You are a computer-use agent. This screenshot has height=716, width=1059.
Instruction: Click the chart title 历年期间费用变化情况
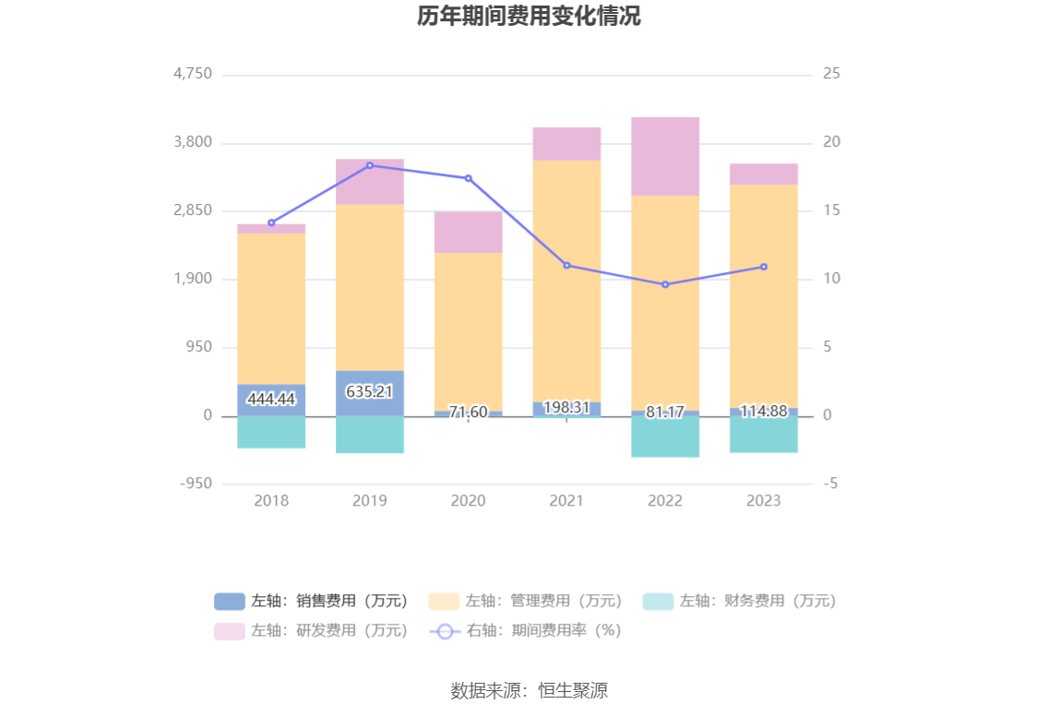[529, 17]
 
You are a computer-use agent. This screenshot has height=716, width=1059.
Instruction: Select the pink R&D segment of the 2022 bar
[665, 156]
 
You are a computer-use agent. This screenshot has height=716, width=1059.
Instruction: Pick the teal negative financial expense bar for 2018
[271, 432]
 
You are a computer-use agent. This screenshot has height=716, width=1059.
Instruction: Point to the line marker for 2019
[370, 165]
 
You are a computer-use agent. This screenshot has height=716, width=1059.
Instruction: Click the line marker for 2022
[665, 284]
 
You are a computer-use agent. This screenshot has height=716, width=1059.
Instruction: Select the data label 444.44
[271, 399]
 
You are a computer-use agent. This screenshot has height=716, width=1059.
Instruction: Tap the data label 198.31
[566, 407]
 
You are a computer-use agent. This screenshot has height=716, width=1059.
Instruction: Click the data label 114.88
[764, 411]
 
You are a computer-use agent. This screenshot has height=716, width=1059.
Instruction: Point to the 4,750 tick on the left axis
[193, 74]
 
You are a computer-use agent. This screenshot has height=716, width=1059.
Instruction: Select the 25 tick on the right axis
[831, 74]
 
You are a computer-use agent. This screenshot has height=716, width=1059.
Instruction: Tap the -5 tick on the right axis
[831, 483]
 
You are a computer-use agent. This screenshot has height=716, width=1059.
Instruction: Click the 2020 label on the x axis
[469, 500]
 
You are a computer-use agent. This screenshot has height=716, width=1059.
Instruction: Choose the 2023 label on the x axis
[764, 500]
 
